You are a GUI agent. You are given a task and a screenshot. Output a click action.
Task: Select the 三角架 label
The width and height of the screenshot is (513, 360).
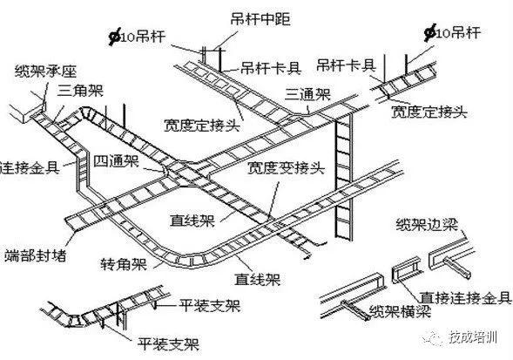point(77,90)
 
